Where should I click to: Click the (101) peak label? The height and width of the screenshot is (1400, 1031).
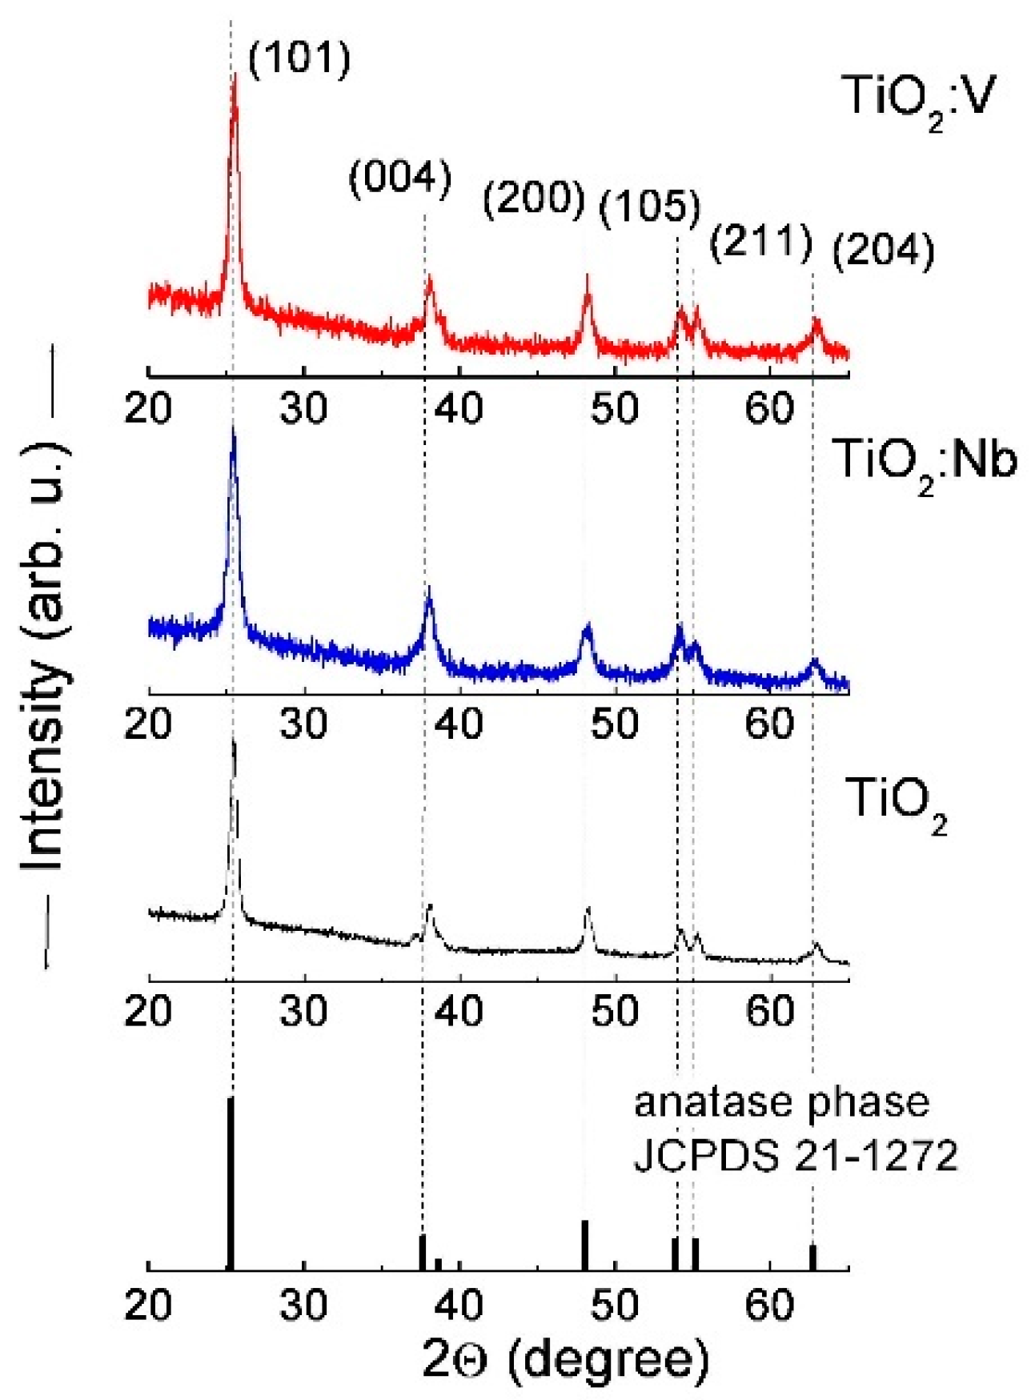point(299,59)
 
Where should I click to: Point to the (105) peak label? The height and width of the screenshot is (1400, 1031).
point(649,207)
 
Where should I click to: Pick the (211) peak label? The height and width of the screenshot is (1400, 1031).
point(761,241)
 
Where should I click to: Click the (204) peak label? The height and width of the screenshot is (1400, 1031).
point(883,251)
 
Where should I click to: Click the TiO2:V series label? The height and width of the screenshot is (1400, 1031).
point(918,99)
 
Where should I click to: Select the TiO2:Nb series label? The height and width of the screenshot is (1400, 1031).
point(924,463)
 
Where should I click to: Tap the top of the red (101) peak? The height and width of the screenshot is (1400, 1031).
point(235,76)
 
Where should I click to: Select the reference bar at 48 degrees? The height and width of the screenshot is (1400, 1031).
point(585,1246)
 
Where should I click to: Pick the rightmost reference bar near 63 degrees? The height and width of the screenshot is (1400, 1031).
point(812,1258)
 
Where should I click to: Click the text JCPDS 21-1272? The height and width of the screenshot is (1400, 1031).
point(795,1156)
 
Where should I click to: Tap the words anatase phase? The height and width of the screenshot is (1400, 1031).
point(781,1103)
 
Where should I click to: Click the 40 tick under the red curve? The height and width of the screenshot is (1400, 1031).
point(459,408)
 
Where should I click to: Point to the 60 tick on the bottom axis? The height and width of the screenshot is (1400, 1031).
point(769,1306)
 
